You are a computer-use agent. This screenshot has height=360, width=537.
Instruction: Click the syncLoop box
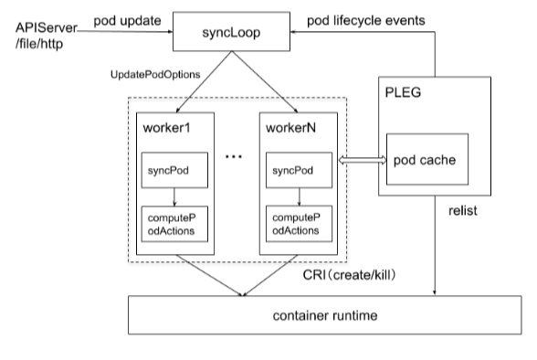231,31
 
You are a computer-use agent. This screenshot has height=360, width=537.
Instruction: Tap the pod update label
128,21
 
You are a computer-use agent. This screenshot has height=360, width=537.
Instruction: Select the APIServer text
47,27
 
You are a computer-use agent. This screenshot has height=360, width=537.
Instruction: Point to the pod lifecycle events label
365,21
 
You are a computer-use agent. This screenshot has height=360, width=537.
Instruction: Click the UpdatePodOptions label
155,75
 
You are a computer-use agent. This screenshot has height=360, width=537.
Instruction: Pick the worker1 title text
166,128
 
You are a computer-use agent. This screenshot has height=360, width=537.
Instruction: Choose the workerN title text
290,128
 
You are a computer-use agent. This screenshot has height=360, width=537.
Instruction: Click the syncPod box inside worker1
174,170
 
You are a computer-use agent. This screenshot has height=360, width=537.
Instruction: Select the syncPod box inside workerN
299,170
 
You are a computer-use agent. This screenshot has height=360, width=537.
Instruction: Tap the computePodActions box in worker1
174,224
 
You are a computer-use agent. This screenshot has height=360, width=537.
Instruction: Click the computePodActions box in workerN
299,224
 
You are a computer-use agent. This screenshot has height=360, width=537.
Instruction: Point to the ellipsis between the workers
234,156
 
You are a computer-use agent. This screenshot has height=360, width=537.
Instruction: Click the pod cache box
427,159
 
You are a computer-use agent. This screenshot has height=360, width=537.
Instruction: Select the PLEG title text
403,92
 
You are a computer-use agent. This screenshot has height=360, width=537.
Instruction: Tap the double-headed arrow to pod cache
362,160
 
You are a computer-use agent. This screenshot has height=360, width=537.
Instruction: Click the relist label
463,211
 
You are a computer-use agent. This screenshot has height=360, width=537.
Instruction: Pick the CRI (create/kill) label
349,275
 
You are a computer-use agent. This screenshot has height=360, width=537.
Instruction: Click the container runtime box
325,315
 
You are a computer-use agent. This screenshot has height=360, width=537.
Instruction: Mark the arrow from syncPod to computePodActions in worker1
174,197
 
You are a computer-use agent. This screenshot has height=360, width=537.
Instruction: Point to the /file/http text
39,44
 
